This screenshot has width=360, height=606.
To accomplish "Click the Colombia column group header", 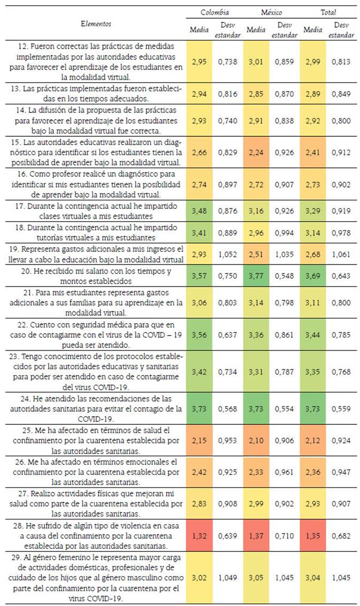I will click(215, 12).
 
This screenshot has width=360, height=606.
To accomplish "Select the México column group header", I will click(271, 12).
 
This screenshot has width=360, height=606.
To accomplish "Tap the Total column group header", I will click(328, 12).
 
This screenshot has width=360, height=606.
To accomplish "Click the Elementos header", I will click(96, 24).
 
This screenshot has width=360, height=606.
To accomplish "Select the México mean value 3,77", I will click(256, 276).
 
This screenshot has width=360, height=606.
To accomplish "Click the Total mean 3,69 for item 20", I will click(312, 276).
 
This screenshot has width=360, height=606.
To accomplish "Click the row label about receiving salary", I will click(96, 276).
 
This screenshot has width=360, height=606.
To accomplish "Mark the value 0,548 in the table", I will click(285, 276).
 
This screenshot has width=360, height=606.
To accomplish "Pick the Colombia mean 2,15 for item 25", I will click(199, 442).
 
